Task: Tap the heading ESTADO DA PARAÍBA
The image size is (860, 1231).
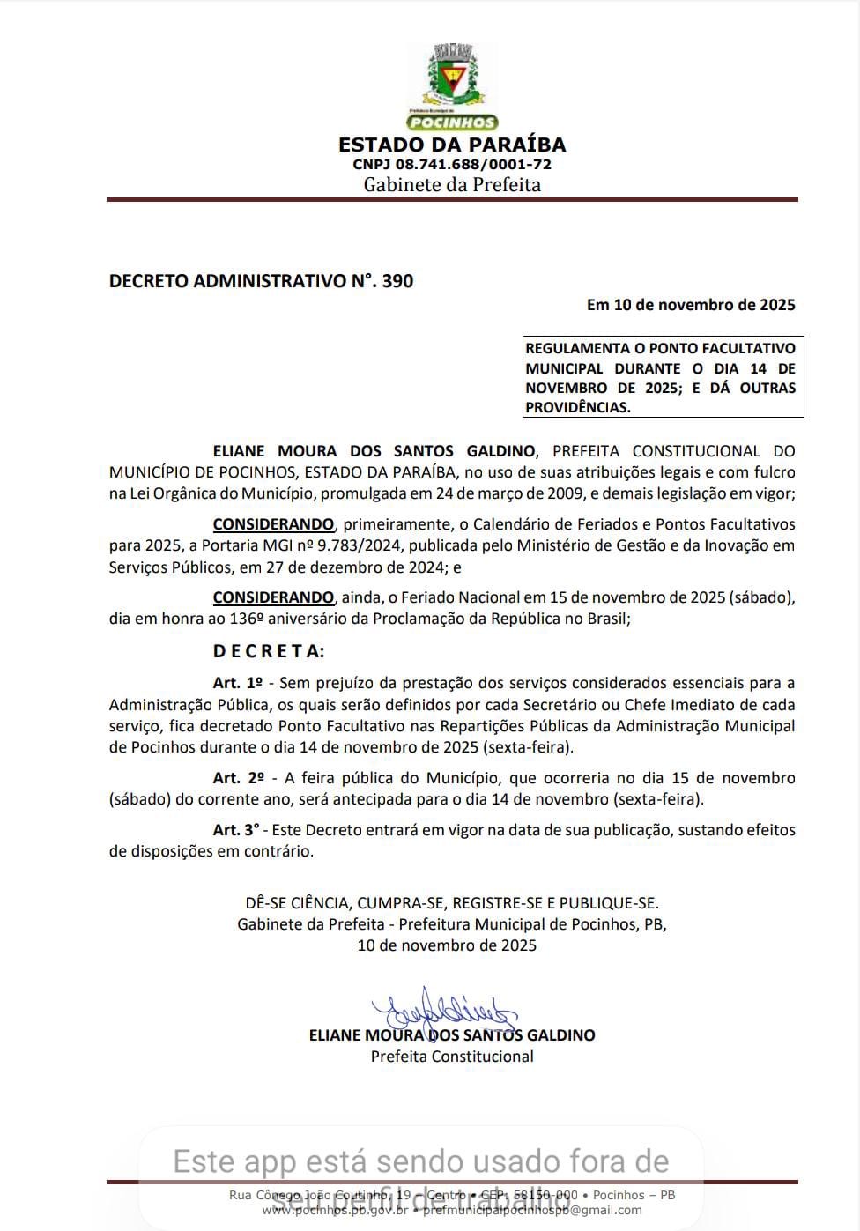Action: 452,145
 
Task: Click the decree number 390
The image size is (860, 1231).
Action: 397,281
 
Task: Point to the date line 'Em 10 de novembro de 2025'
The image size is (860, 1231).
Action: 691,305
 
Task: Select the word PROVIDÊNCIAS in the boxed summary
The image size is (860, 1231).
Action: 578,407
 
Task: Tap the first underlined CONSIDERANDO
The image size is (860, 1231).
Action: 273,524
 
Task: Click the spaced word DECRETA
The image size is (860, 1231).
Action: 269,651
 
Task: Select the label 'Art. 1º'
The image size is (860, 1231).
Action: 238,683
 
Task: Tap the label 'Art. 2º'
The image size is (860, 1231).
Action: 238,778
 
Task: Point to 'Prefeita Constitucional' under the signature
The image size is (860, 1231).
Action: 452,1057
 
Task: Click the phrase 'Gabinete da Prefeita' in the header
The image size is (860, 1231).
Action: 452,185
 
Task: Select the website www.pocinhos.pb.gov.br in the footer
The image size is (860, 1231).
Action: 335,1210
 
